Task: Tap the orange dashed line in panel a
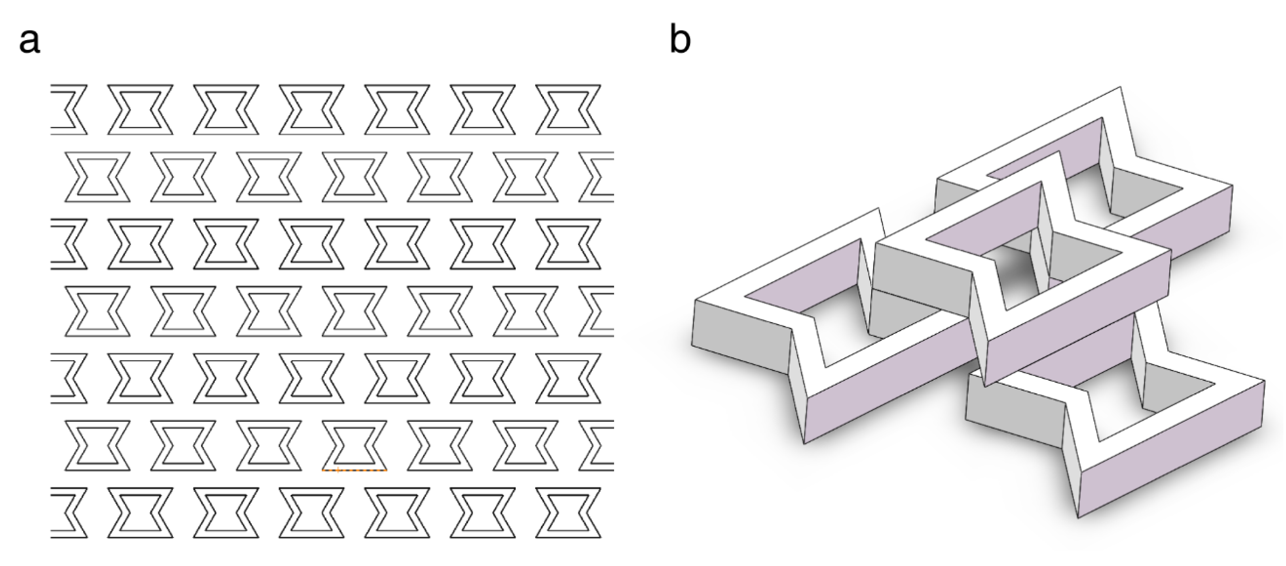[354, 470]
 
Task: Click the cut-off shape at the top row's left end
[69, 109]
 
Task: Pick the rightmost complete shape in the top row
[568, 109]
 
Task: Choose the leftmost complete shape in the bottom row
[140, 513]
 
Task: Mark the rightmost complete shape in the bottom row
[568, 513]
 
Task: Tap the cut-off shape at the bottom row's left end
[69, 513]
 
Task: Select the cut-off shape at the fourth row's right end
[597, 311]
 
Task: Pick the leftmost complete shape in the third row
[140, 243]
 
